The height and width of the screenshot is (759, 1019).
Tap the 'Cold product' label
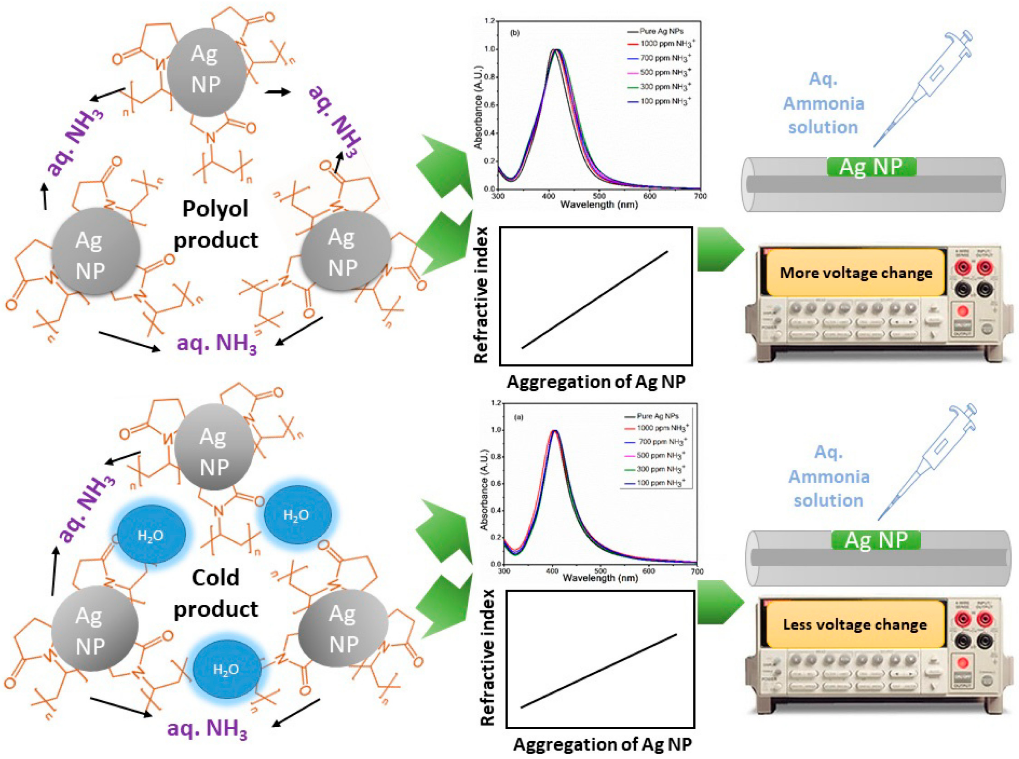[215, 593]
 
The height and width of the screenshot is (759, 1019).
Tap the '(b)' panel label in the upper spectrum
[515, 33]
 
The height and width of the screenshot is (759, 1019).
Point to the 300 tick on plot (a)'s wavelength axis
[504, 571]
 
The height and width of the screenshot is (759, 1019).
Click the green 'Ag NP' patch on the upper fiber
[871, 167]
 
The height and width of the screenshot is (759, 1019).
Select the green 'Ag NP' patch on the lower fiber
[876, 540]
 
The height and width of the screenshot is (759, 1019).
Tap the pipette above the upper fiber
[923, 87]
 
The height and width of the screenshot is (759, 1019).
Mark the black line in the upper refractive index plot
[595, 300]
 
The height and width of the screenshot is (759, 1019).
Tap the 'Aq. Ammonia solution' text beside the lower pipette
[828, 477]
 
